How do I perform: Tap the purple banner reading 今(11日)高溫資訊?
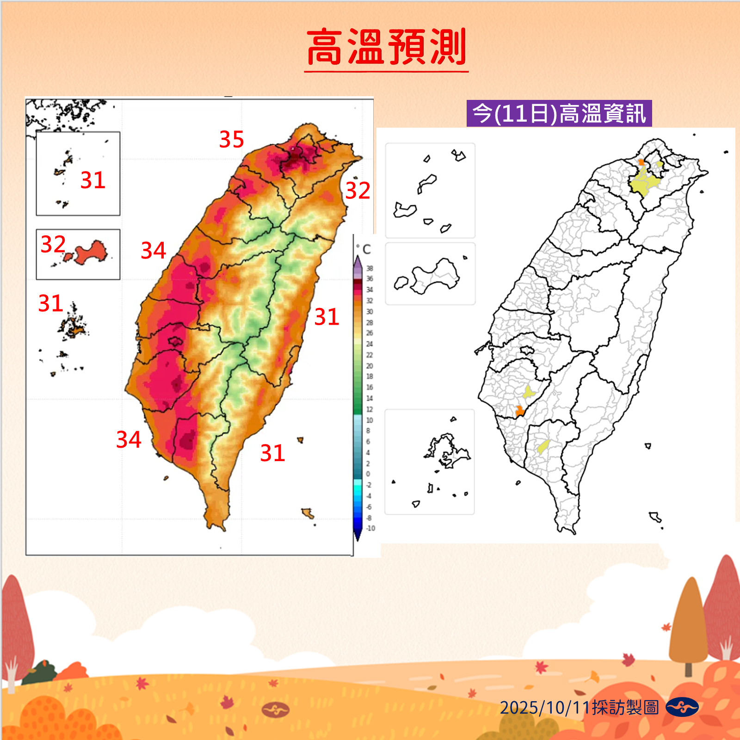tap(559, 114)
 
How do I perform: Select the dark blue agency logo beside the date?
tap(682, 707)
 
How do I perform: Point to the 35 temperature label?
tap(231, 140)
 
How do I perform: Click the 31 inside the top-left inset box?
tap(92, 180)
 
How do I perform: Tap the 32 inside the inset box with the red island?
tap(53, 244)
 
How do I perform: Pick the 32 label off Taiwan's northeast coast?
tap(358, 191)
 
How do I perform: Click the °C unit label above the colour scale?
tap(364, 250)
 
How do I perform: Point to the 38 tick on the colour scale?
tap(370, 268)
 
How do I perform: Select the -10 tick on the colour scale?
tap(370, 528)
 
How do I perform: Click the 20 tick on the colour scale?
tap(370, 366)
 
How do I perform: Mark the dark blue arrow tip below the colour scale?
tap(358, 536)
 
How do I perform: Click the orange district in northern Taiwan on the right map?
tap(641, 162)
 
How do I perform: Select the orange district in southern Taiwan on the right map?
tap(520, 410)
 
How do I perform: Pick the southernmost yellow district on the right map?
tap(543, 447)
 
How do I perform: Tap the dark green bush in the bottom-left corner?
tap(39, 673)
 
